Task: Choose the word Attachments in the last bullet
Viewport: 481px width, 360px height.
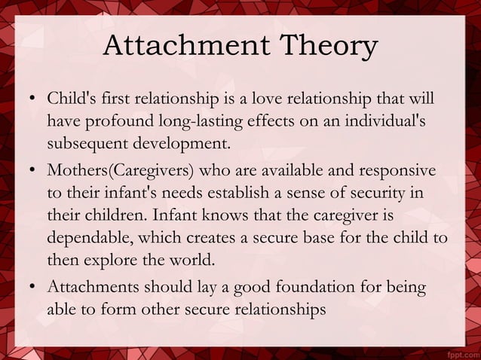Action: pos(91,288)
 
